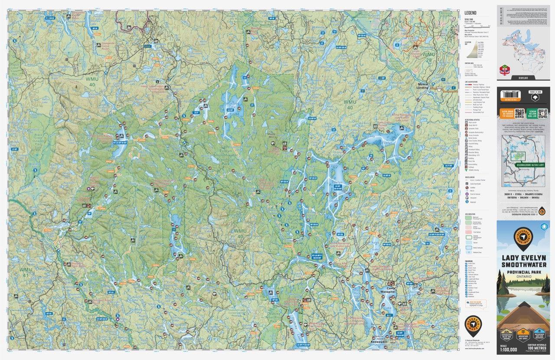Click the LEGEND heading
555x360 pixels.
pyautogui.click(x=470, y=13)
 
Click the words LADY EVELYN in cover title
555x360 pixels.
pyautogui.click(x=523, y=257)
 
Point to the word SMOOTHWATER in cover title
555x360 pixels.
pyautogui.click(x=523, y=265)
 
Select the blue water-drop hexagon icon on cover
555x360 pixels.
pyautogui.click(x=545, y=226)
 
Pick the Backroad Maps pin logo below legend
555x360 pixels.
pyautogui.click(x=473, y=323)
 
